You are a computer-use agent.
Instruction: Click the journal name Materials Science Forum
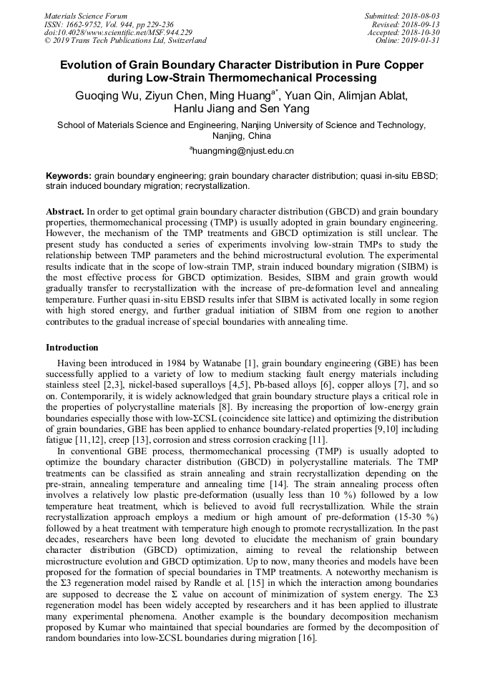tap(86, 16)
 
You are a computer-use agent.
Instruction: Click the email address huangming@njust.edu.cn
tap(243, 151)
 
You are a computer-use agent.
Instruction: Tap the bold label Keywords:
tap(69, 176)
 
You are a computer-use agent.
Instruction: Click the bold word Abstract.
tap(65, 212)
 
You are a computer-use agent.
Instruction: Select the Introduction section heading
tap(72, 348)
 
